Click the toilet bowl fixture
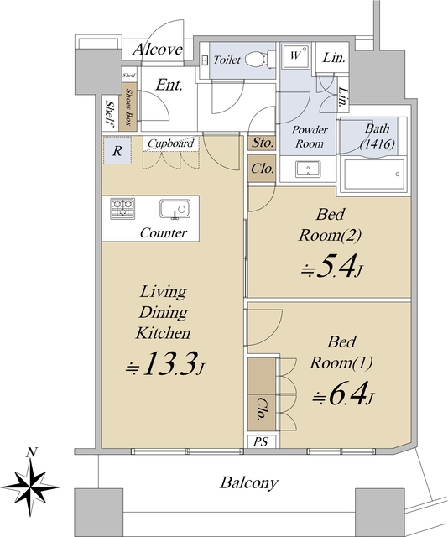[260, 60]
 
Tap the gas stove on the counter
[122, 208]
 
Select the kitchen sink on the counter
[175, 209]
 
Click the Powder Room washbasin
[308, 169]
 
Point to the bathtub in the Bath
[374, 174]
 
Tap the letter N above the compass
[32, 453]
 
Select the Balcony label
[248, 483]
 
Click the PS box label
[261, 441]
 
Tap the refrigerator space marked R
[117, 151]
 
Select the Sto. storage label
[263, 143]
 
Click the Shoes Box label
[129, 107]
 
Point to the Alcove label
[158, 50]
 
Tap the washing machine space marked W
[295, 55]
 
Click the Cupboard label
[171, 143]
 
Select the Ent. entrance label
[169, 85]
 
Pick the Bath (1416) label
[378, 136]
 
